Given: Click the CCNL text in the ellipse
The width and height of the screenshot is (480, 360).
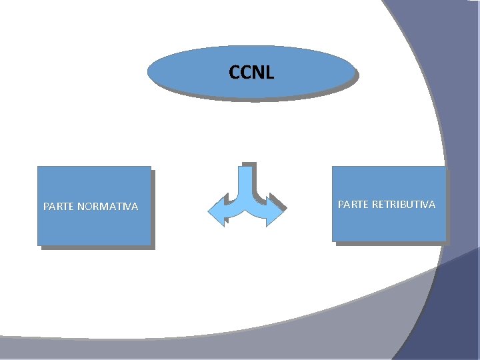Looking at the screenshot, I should (x=251, y=72).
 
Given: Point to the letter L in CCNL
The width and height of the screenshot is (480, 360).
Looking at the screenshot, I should (x=269, y=72).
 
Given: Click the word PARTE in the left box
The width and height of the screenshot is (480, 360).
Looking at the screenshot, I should (x=58, y=207).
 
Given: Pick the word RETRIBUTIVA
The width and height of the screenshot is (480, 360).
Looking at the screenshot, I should (x=403, y=204).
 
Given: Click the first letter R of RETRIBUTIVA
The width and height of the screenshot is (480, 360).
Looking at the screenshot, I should (x=375, y=204).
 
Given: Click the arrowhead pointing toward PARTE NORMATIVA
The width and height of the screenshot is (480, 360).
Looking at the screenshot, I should (x=217, y=211).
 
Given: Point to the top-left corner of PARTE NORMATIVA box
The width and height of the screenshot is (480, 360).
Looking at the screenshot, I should (x=38, y=167).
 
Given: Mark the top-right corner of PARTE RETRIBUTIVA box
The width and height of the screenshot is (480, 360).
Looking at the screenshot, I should (x=445, y=167).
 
